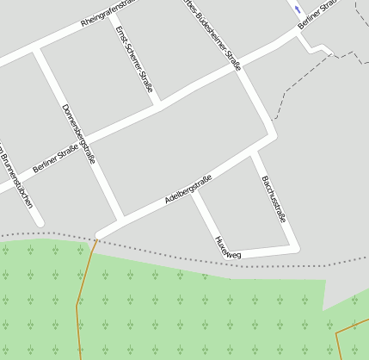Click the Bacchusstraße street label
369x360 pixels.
[x=273, y=199]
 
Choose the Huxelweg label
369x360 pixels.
[x=228, y=247]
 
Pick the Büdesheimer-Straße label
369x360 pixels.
[x=212, y=34]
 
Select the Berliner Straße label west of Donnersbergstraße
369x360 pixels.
[x=55, y=156]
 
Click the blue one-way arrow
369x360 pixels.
[x=298, y=10]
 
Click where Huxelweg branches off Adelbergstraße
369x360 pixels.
[x=194, y=191]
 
